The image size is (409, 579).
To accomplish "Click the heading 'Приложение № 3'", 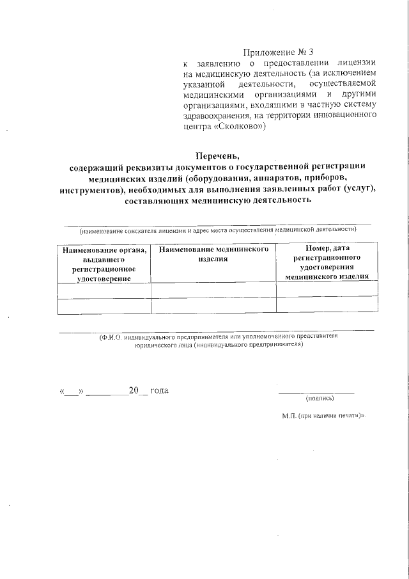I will [279, 52].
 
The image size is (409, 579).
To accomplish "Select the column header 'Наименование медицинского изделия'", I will [213, 253].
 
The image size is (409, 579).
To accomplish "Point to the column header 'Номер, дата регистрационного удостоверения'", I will [326, 262].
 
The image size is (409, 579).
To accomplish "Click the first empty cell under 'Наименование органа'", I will [104, 290].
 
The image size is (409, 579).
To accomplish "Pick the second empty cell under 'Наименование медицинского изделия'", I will [213, 305].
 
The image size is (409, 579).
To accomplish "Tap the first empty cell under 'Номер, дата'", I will [326, 290].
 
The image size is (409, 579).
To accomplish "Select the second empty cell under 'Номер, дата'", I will [326, 305].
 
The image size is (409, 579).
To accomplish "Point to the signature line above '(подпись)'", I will [316, 392].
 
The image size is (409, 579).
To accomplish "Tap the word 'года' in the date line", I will [159, 390].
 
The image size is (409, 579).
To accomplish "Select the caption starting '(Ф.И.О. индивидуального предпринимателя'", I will [218, 340].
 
